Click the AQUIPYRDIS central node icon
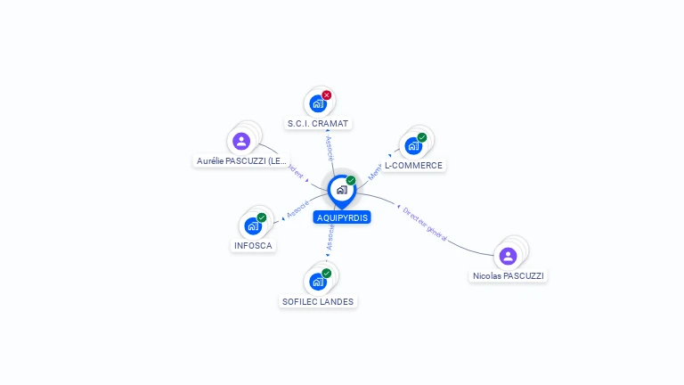tap(341, 190)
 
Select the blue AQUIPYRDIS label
tap(342, 217)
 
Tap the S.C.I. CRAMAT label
tap(319, 123)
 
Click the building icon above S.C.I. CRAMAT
tap(317, 103)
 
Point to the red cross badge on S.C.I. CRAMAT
tap(327, 95)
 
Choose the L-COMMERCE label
tap(413, 166)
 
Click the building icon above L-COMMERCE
tap(412, 146)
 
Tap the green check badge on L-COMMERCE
tap(422, 137)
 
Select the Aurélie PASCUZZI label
tap(241, 161)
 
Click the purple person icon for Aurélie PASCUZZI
tap(240, 142)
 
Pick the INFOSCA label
tap(253, 246)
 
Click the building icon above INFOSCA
tap(252, 226)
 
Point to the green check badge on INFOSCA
tap(262, 217)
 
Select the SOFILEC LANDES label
tap(318, 302)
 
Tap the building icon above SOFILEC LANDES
tap(317, 282)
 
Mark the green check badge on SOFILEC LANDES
tap(327, 274)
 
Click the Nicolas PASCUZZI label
tap(508, 276)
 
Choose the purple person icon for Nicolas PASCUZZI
tap(508, 257)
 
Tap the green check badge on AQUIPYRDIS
tap(351, 181)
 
